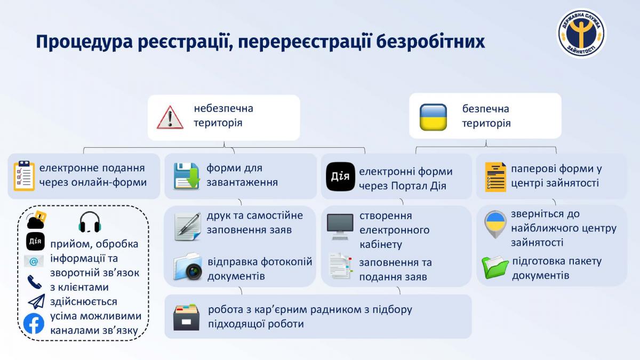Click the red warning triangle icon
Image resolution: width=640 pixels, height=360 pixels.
(x=170, y=118)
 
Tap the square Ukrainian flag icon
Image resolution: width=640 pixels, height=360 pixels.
(x=433, y=117)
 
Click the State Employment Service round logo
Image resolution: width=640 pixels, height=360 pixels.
(x=581, y=33)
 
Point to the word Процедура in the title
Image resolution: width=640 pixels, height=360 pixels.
(x=85, y=42)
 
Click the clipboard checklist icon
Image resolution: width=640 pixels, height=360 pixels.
(x=25, y=175)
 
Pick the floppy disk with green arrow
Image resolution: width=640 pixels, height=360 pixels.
(x=187, y=176)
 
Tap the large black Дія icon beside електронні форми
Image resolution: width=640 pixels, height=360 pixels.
(x=340, y=177)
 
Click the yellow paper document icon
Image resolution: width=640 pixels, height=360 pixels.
(x=495, y=177)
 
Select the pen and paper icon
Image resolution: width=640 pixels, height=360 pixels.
(x=187, y=227)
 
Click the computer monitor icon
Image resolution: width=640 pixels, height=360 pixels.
(x=340, y=227)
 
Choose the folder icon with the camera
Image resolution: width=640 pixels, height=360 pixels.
(x=188, y=266)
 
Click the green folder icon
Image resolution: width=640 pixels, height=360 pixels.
(x=495, y=267)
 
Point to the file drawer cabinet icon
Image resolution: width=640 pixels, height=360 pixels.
(x=186, y=317)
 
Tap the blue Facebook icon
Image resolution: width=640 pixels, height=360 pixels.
(x=34, y=323)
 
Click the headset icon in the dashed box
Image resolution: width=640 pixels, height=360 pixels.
(x=90, y=222)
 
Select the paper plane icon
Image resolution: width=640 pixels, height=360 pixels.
(x=37, y=301)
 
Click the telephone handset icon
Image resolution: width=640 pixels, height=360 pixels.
(x=35, y=282)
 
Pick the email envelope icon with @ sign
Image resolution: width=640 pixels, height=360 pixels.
(x=34, y=261)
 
